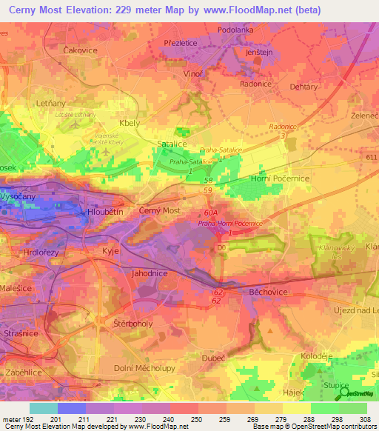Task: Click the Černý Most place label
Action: (160, 211)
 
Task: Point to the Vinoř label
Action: (193, 76)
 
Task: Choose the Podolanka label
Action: (235, 30)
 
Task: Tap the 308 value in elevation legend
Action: (366, 420)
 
